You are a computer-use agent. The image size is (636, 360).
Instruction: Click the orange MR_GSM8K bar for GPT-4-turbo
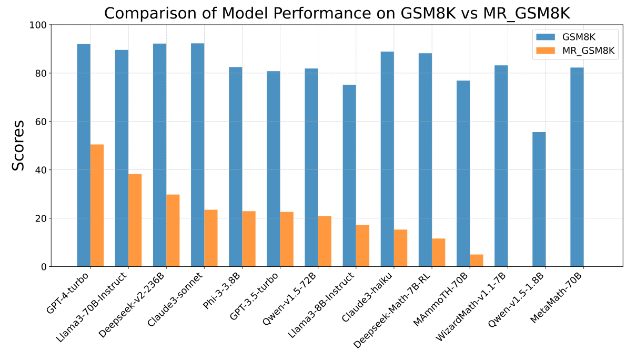coord(97,205)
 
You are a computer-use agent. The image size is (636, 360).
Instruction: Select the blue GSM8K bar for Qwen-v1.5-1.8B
coord(539,199)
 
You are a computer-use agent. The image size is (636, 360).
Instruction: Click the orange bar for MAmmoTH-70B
coord(476,261)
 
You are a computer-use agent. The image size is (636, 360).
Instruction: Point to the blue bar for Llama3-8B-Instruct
coord(349,176)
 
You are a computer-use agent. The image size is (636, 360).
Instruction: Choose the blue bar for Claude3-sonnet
coord(198,155)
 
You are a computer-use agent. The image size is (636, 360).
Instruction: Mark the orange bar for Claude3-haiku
coord(400,248)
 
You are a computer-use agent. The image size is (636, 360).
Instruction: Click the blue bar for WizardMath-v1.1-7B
coord(501,166)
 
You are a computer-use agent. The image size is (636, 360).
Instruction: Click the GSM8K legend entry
coord(573,36)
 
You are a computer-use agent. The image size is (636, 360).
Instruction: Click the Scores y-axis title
coord(18,146)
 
